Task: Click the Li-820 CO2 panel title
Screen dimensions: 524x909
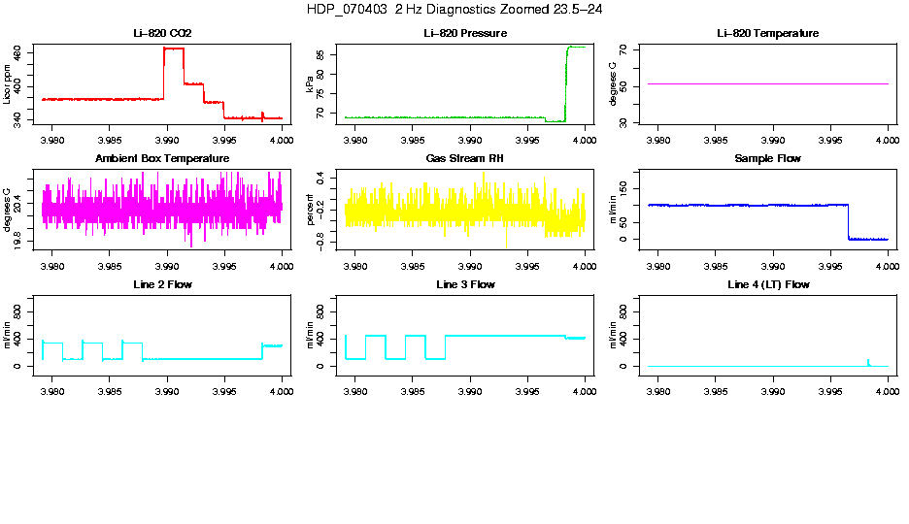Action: coord(163,34)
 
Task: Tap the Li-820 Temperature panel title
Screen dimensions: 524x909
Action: coord(767,34)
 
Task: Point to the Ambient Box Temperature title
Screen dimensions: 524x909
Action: coord(162,159)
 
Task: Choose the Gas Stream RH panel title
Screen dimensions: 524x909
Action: coord(466,159)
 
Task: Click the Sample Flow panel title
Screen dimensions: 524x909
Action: coord(767,159)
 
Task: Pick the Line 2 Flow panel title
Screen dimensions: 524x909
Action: coord(162,284)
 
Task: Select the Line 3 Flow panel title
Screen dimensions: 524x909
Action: coord(466,284)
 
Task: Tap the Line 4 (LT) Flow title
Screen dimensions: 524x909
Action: coord(767,284)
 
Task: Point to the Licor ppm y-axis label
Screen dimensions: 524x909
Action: coord(8,84)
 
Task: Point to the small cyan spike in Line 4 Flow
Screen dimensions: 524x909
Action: coord(868,361)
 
